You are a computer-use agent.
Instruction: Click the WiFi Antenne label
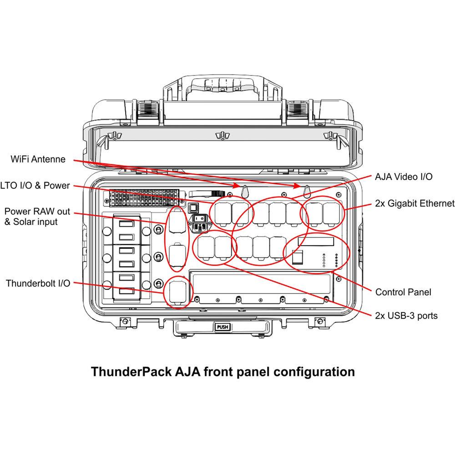click(x=38, y=159)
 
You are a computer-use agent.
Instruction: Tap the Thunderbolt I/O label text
click(x=38, y=283)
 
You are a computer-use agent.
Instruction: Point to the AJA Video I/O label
click(x=404, y=177)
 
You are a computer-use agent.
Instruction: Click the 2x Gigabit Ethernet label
click(x=415, y=203)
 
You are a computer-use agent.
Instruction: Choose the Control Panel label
click(x=403, y=292)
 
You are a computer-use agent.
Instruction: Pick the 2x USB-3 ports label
click(x=406, y=315)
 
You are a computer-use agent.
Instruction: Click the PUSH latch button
click(x=222, y=327)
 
